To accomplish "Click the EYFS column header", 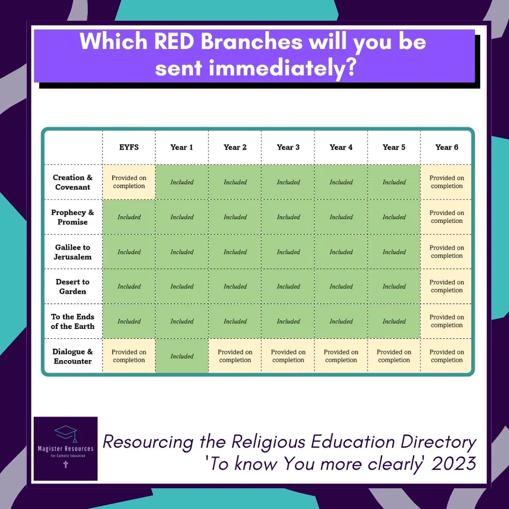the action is pyautogui.click(x=129, y=147).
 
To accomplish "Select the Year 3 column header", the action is pyautogui.click(x=288, y=147).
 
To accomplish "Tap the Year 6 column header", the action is pyautogui.click(x=447, y=147).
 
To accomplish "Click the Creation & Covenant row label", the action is pyautogui.click(x=73, y=182).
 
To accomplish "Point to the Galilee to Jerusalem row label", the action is pyautogui.click(x=73, y=252).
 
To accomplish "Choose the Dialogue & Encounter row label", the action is pyautogui.click(x=73, y=356).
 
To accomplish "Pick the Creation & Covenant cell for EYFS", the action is pyautogui.click(x=129, y=182).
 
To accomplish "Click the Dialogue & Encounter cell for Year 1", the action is pyautogui.click(x=182, y=356).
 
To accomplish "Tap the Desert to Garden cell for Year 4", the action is pyautogui.click(x=341, y=287).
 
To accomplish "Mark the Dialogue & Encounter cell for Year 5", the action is pyautogui.click(x=394, y=356).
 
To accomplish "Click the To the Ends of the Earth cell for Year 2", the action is pyautogui.click(x=235, y=321).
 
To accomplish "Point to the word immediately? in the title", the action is pyautogui.click(x=282, y=68).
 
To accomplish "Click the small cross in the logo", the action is pyautogui.click(x=66, y=465).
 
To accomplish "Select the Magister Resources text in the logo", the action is pyautogui.click(x=66, y=448).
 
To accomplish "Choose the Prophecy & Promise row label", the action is pyautogui.click(x=73, y=217).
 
